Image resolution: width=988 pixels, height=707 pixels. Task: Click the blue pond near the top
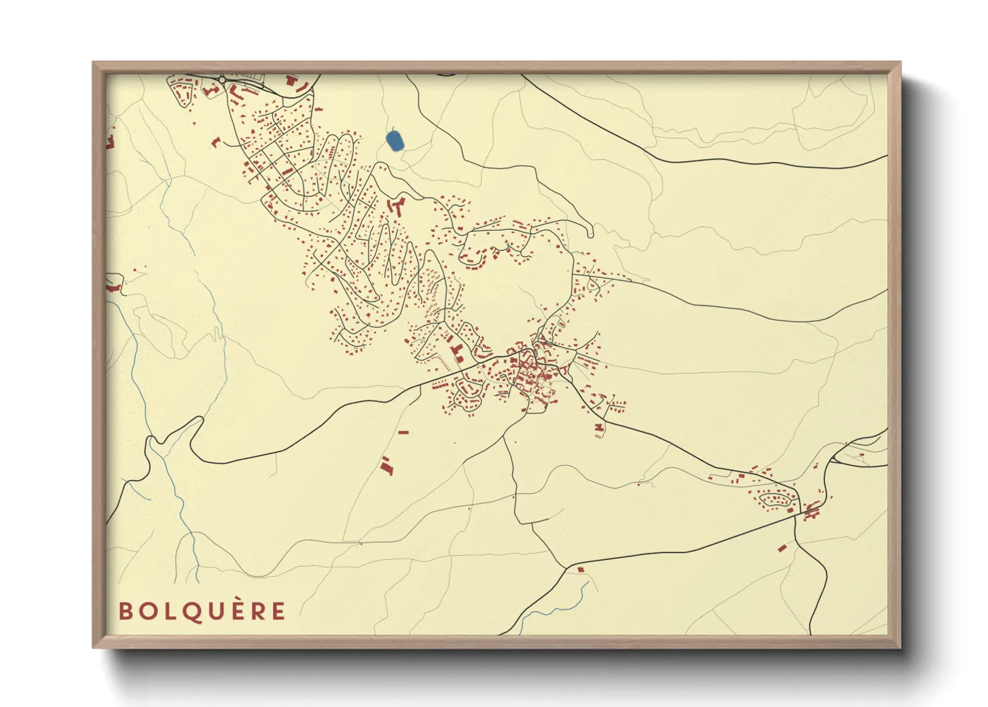click(x=395, y=140)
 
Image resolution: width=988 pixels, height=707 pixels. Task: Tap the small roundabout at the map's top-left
click(x=222, y=80)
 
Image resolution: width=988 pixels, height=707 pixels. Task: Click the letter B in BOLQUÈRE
click(x=125, y=611)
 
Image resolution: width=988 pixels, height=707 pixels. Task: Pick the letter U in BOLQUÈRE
click(x=214, y=611)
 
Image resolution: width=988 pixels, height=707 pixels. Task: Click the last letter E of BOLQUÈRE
click(x=278, y=611)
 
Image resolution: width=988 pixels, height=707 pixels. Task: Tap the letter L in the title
click(x=168, y=611)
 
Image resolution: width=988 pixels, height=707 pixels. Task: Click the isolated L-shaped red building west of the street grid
click(x=216, y=142)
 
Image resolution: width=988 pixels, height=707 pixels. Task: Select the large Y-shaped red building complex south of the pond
click(x=397, y=205)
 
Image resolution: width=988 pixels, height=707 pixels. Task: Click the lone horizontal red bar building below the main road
click(x=403, y=432)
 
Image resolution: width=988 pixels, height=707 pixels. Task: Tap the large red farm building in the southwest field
click(x=386, y=466)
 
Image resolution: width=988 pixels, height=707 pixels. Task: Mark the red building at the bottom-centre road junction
click(x=580, y=569)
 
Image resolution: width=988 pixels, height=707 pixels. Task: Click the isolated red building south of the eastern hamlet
click(x=782, y=548)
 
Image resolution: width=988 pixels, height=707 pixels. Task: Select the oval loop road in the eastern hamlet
click(x=776, y=499)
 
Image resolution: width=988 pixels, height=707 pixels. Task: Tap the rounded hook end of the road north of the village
click(x=590, y=232)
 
